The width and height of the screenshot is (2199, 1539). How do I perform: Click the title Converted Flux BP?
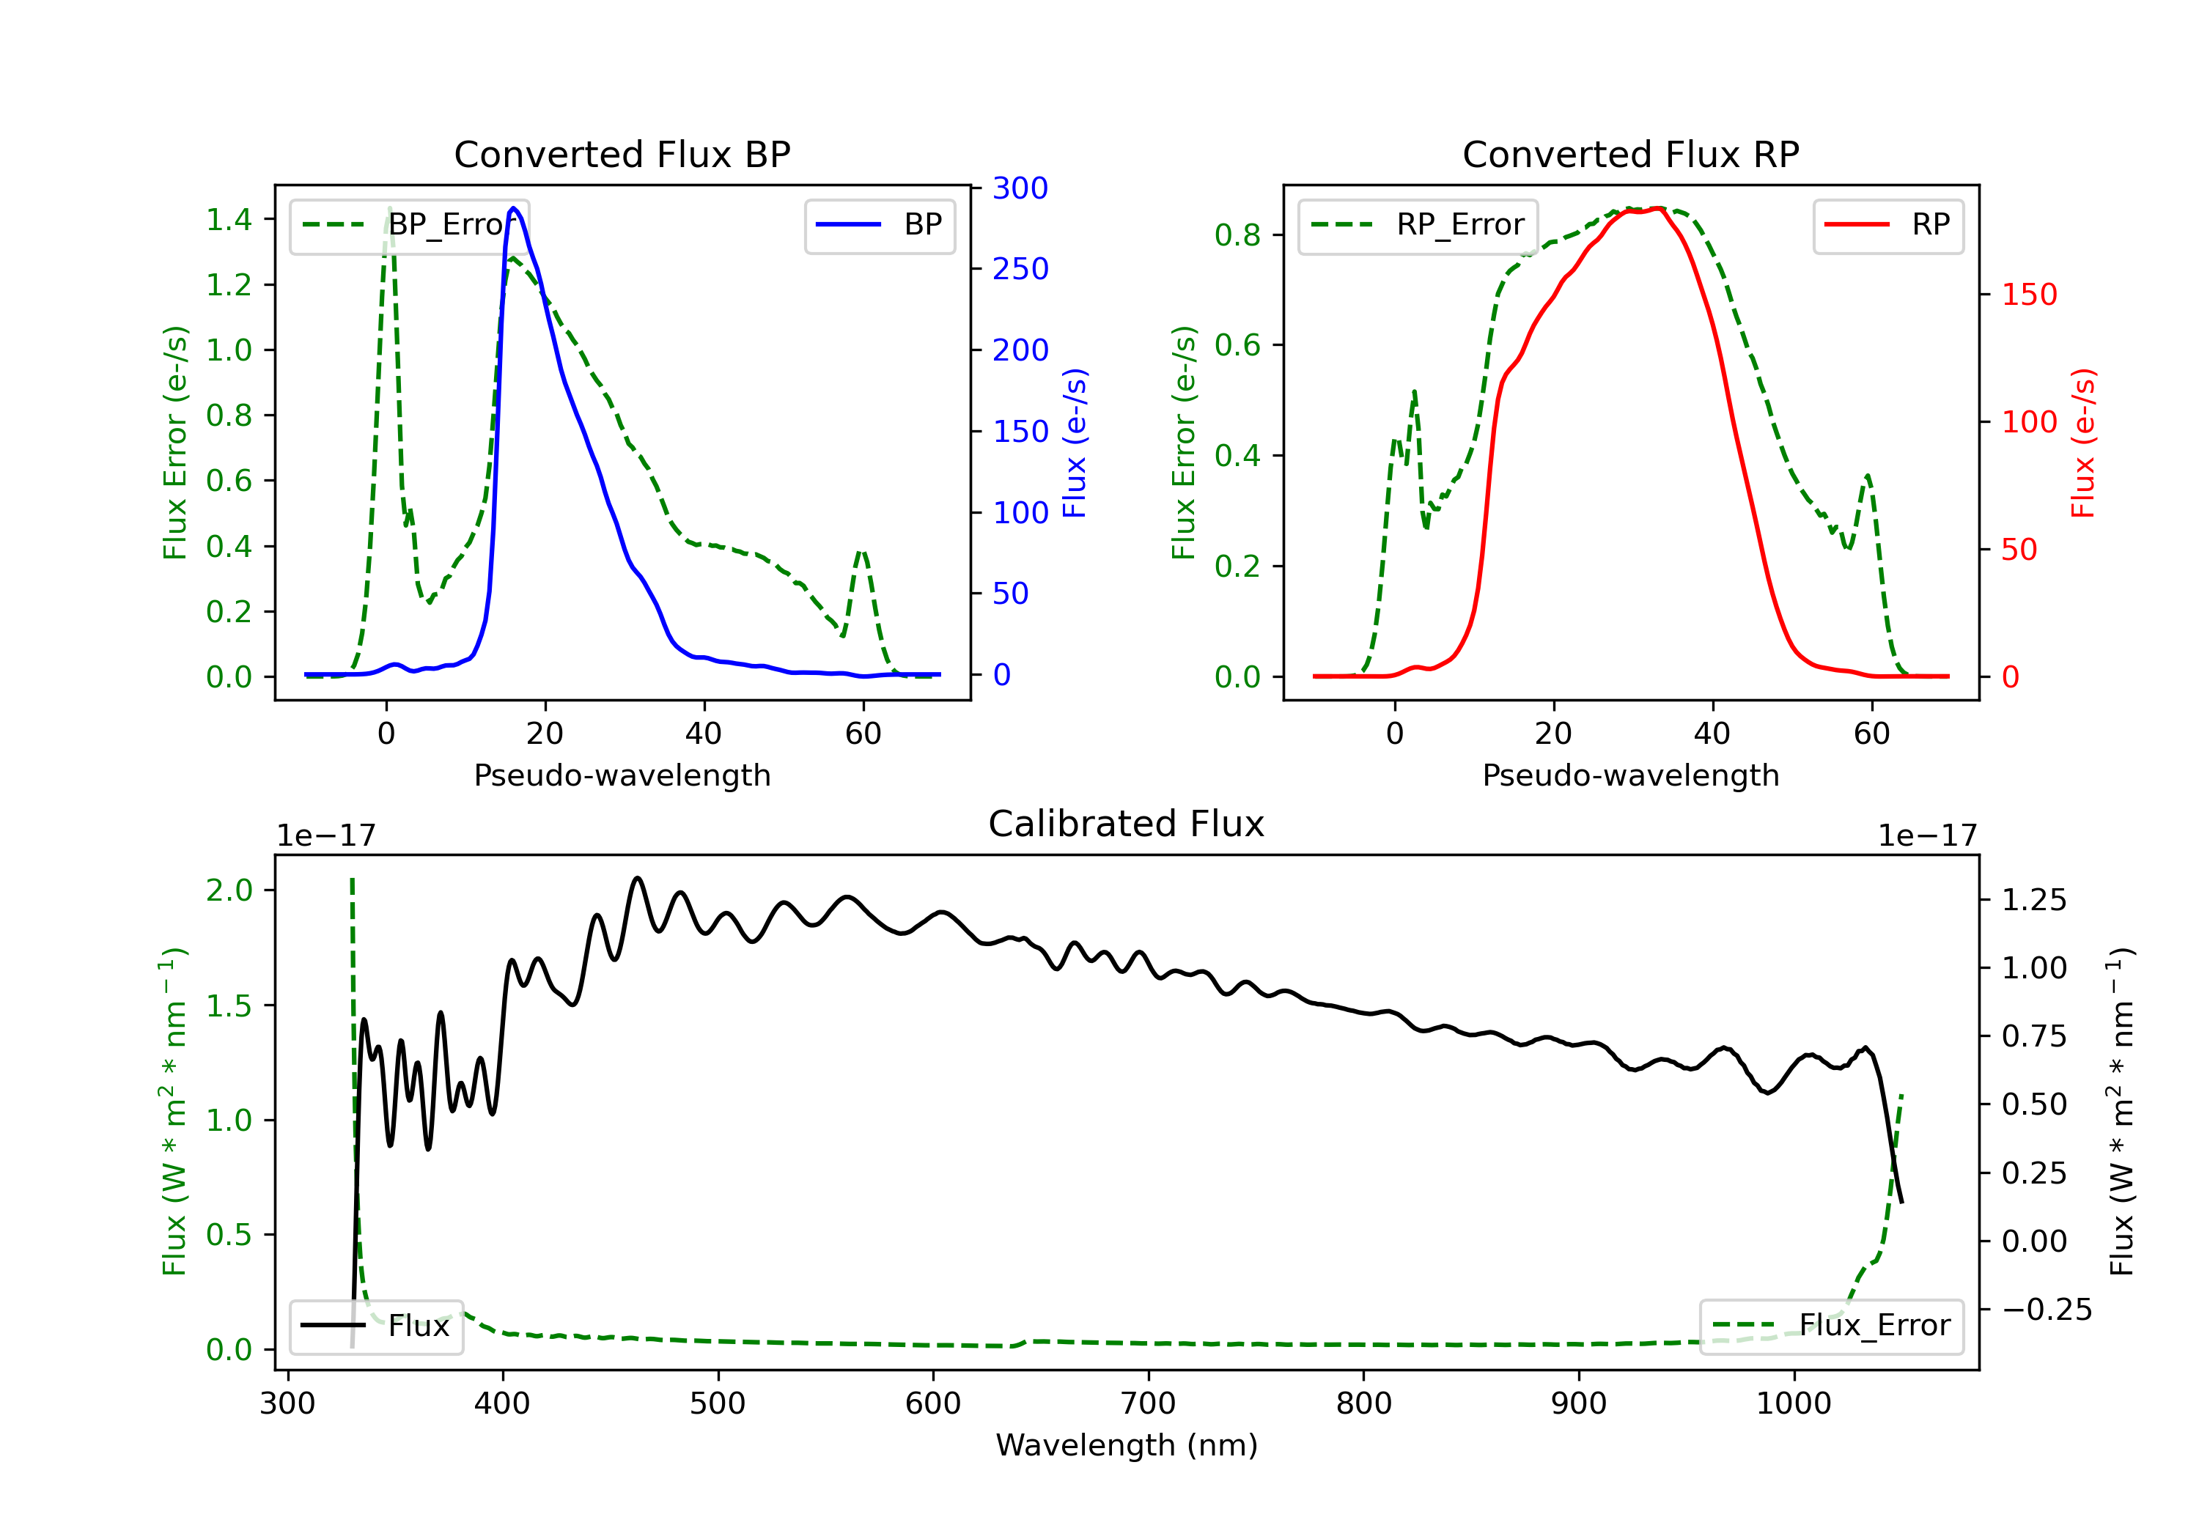click(622, 154)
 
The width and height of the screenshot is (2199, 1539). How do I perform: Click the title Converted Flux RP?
click(1630, 154)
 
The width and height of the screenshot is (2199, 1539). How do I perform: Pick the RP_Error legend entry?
click(1418, 225)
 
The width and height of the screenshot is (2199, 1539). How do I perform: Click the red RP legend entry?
click(1887, 225)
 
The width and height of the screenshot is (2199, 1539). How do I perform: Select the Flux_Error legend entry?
click(1831, 1326)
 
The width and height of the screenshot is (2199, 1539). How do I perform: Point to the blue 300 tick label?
click(1020, 188)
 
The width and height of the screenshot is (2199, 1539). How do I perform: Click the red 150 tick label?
click(2028, 294)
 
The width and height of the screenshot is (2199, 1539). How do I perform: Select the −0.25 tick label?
click(2047, 1309)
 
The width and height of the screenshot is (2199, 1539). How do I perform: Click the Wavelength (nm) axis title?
click(1127, 1445)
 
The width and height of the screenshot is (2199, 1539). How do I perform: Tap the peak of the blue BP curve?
click(513, 208)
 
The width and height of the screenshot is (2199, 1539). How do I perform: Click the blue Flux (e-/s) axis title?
click(1075, 443)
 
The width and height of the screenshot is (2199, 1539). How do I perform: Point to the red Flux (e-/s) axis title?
click(2083, 443)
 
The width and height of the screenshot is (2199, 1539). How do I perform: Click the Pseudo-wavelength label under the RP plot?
click(1630, 775)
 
